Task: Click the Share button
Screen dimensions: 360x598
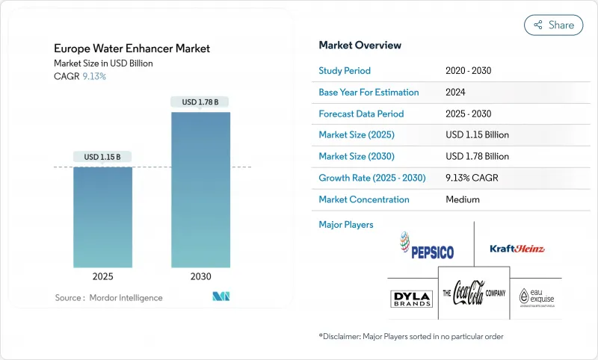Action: pyautogui.click(x=553, y=25)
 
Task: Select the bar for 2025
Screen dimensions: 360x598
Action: pyautogui.click(x=102, y=217)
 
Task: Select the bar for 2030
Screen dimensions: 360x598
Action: pyautogui.click(x=200, y=190)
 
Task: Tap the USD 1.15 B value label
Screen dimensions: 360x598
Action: pyautogui.click(x=102, y=157)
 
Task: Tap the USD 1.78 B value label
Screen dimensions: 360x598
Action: pyautogui.click(x=200, y=102)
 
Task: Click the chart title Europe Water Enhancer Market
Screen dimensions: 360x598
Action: pyautogui.click(x=132, y=49)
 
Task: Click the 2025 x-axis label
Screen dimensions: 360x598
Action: pyautogui.click(x=102, y=276)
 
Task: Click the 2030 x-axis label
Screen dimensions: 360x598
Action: pyautogui.click(x=200, y=276)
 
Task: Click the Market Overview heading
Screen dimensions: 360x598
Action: pyautogui.click(x=360, y=46)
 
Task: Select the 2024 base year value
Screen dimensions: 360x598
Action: pyautogui.click(x=457, y=92)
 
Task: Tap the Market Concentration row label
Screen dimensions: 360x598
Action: pyautogui.click(x=363, y=199)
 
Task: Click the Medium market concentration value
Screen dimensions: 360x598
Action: pyautogui.click(x=462, y=199)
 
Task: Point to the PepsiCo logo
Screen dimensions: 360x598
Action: pyautogui.click(x=427, y=245)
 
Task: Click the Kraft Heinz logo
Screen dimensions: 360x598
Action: pyautogui.click(x=517, y=249)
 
